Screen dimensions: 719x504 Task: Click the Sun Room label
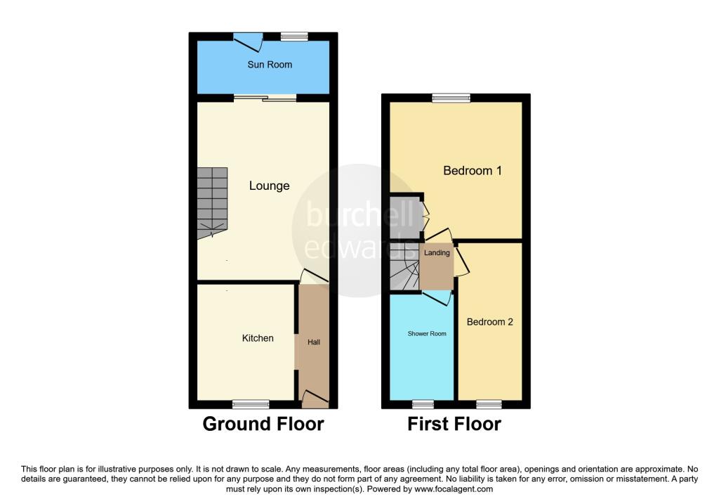[270, 65]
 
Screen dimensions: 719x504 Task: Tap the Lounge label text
[269, 186]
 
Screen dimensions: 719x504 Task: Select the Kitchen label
[258, 338]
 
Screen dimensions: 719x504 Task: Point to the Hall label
[314, 342]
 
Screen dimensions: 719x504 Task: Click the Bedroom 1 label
[473, 171]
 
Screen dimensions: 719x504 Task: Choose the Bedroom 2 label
[489, 322]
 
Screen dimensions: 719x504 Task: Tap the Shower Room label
[427, 334]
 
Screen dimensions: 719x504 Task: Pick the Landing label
[437, 253]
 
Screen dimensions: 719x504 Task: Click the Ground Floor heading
[263, 424]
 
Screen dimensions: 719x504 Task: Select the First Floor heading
[454, 424]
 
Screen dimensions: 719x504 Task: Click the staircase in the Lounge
[212, 203]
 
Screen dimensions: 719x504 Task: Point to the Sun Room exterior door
[248, 41]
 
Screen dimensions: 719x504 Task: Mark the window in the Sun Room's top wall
[294, 37]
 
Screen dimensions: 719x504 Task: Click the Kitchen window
[251, 404]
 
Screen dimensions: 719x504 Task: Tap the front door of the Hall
[315, 399]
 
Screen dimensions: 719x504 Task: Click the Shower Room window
[423, 404]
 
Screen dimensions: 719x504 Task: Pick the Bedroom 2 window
[489, 404]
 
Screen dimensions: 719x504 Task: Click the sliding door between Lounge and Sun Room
[265, 98]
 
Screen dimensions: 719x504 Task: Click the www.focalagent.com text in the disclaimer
[454, 489]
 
